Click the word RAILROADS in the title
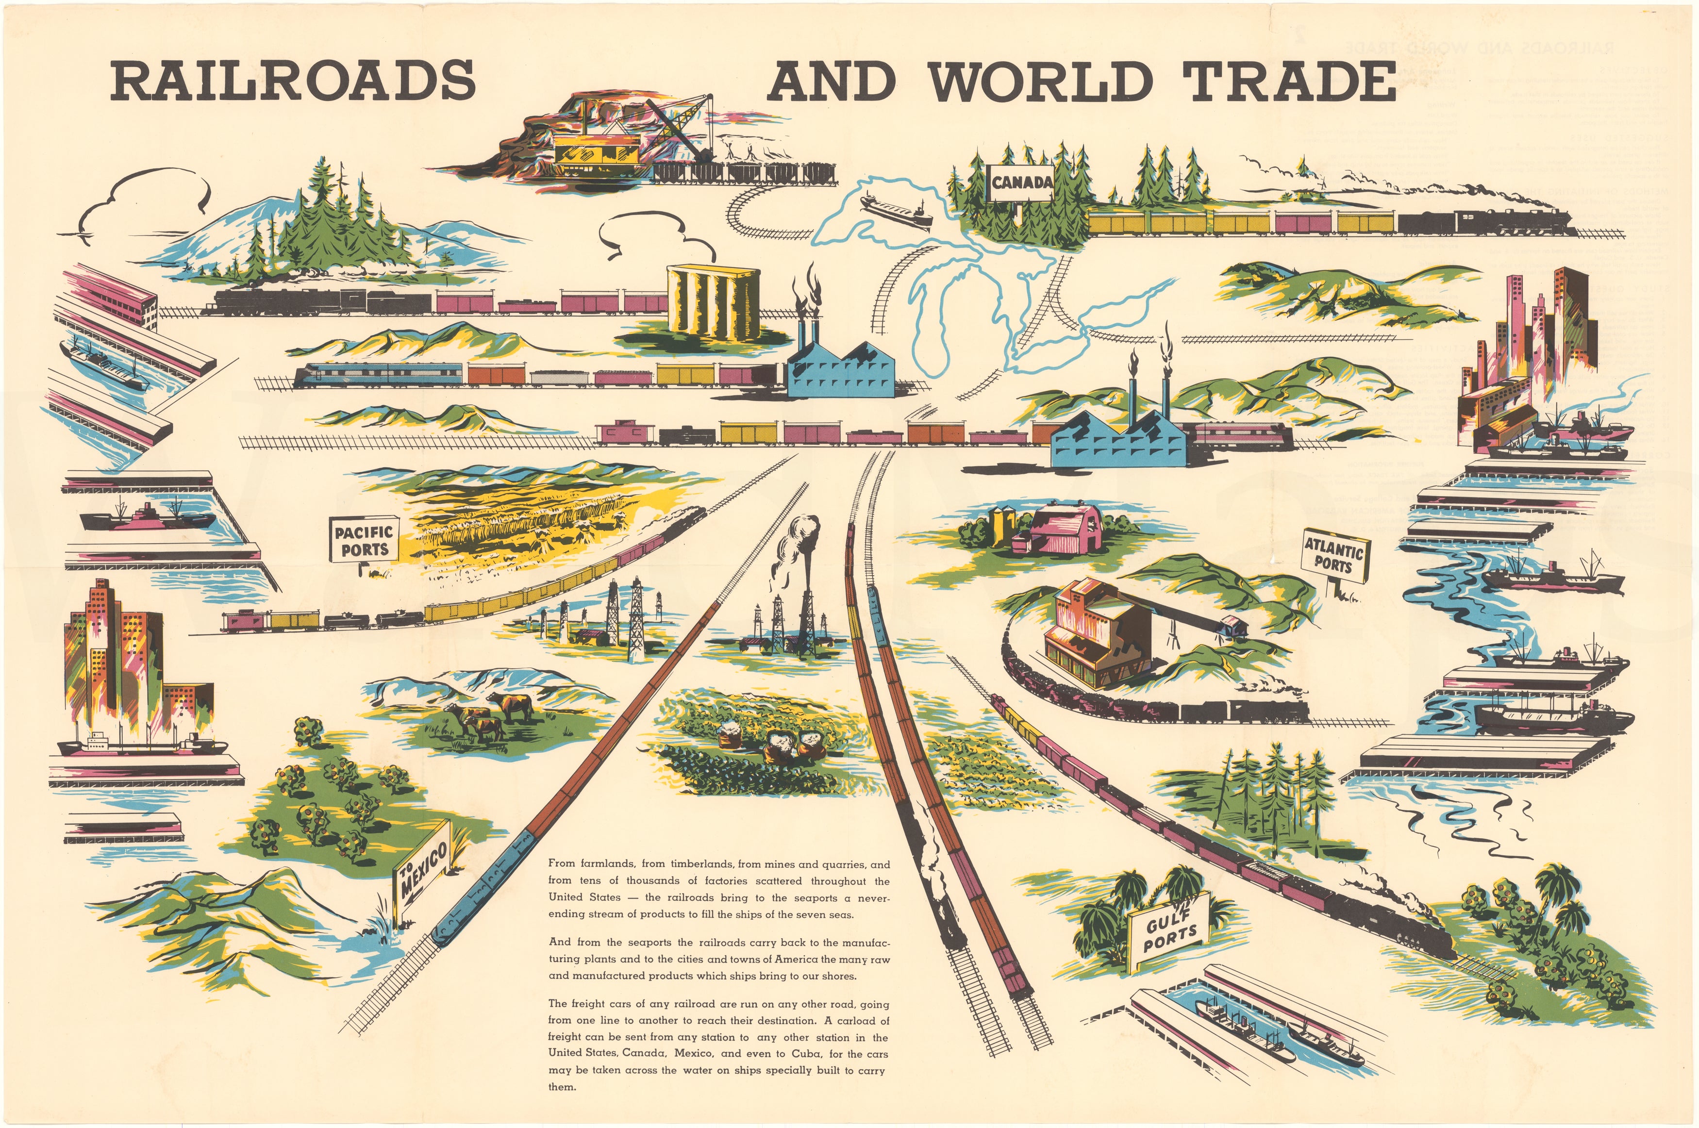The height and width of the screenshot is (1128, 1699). coord(293,81)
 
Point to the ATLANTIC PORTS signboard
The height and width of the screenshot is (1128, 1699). coord(1334,555)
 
